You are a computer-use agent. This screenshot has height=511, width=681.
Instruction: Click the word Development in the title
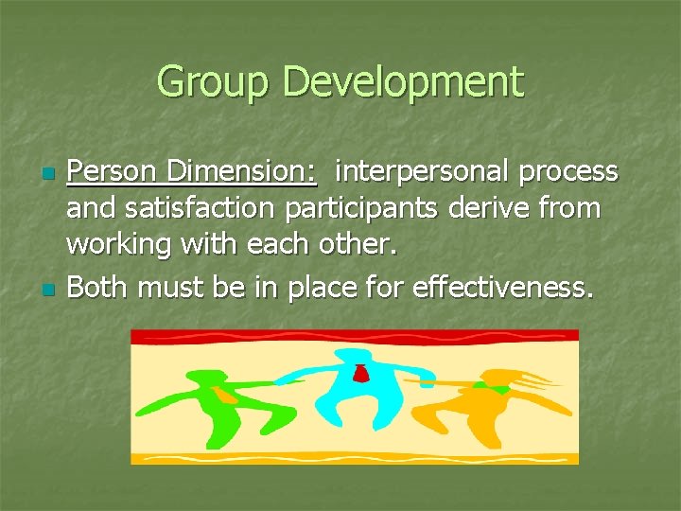click(x=402, y=82)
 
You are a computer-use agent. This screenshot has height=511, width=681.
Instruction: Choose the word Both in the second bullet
click(x=99, y=287)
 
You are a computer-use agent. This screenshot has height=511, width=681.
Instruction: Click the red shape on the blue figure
click(x=360, y=374)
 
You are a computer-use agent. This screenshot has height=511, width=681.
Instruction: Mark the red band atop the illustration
click(x=355, y=336)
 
